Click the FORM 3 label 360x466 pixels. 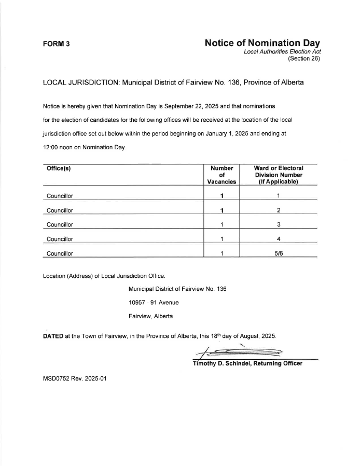56,44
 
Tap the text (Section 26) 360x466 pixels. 304,59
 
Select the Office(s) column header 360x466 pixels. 58,168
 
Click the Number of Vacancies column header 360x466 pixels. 221,175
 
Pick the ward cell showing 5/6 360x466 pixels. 279,253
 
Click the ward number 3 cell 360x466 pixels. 279,224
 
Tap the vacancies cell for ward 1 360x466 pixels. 221,196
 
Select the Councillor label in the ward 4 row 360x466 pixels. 60,239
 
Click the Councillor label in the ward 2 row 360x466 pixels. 60,210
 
